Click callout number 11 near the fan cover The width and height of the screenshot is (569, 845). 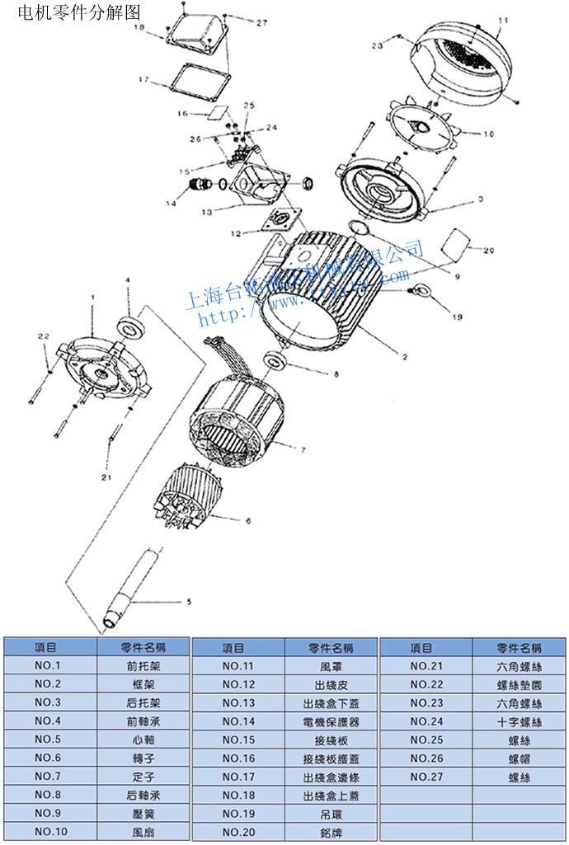[505, 19]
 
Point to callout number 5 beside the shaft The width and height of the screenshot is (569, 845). [188, 602]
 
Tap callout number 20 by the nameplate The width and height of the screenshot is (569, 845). [488, 250]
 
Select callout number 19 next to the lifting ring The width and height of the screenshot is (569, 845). [458, 316]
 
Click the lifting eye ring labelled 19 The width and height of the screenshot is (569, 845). [423, 290]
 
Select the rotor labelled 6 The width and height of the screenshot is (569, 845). [186, 498]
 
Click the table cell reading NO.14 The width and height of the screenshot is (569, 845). [239, 721]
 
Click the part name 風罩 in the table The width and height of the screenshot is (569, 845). [331, 666]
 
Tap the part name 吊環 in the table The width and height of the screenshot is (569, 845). [331, 814]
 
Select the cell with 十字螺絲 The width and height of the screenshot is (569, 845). [520, 721]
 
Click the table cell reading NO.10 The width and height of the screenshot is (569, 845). [51, 832]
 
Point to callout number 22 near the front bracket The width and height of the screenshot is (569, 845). [44, 336]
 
